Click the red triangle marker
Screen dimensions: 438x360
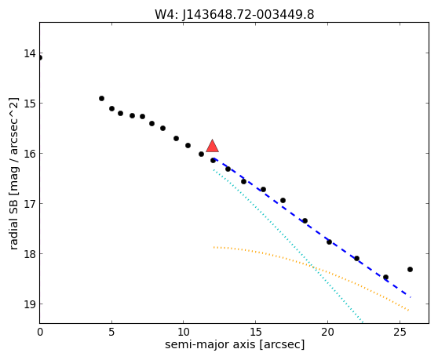(212, 146)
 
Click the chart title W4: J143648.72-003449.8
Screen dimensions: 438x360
(235, 14)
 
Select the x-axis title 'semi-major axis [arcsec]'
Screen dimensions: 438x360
(235, 344)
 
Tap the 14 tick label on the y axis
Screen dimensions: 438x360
(30, 53)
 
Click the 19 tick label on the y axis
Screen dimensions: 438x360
(30, 304)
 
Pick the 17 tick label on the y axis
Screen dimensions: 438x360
(30, 203)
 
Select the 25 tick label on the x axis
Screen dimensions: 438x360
(400, 332)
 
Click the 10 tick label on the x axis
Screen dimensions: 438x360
(184, 332)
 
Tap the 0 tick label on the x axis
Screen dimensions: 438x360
(40, 332)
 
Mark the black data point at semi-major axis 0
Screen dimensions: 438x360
(40, 58)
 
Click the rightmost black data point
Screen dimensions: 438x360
(410, 269)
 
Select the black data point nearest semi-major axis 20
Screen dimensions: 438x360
(330, 242)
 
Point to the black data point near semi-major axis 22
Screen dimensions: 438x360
(356, 258)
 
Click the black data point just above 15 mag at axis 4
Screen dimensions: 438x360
(102, 99)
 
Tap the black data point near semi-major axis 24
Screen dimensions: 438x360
(385, 277)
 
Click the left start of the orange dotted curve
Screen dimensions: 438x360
(214, 247)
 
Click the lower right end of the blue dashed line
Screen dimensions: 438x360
(411, 297)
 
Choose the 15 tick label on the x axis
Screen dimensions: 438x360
(256, 332)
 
